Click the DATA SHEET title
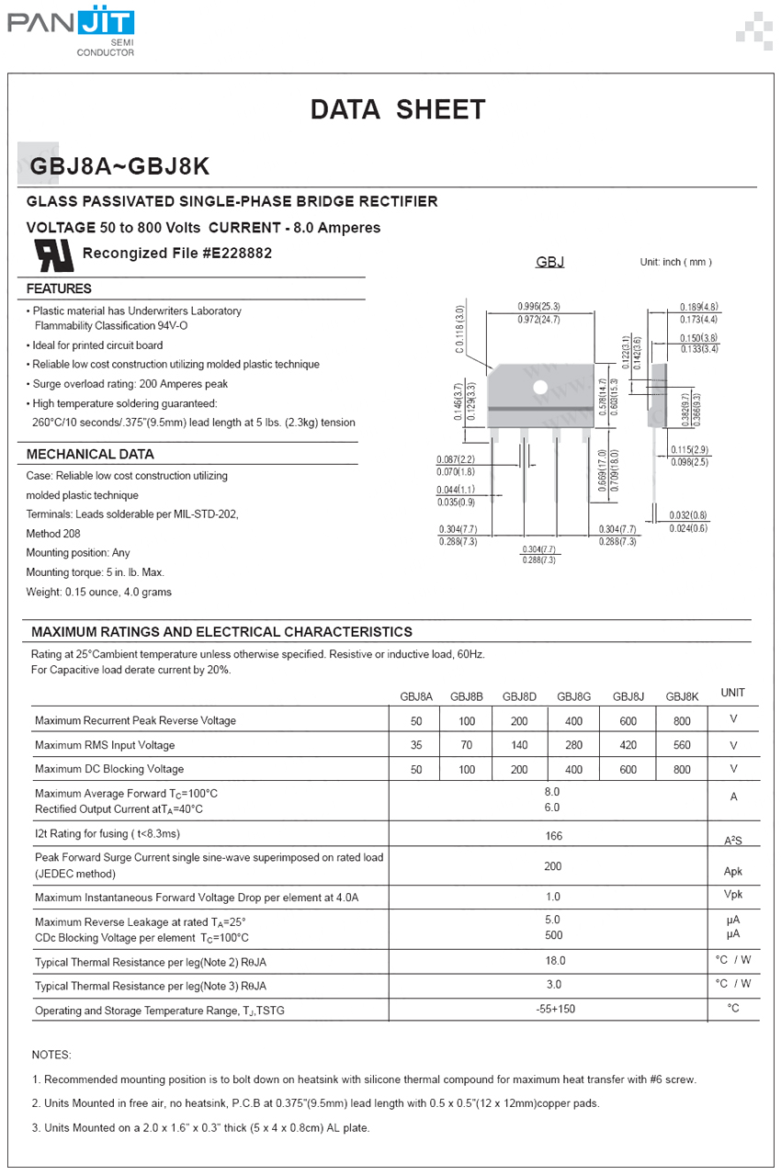click(397, 110)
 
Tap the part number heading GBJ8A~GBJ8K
click(120, 166)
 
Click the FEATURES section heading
click(59, 288)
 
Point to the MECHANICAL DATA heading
click(90, 454)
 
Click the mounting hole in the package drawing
click(540, 388)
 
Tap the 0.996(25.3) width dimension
click(538, 307)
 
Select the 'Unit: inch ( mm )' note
click(675, 263)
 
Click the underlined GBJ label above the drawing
click(549, 263)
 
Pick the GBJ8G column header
click(573, 696)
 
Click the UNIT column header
click(732, 693)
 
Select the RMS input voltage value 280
click(573, 745)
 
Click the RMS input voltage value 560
click(682, 745)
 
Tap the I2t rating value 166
click(553, 836)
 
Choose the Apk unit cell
click(732, 872)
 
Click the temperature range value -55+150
click(555, 1009)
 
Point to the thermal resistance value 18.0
click(555, 961)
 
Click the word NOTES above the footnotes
click(51, 1055)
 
